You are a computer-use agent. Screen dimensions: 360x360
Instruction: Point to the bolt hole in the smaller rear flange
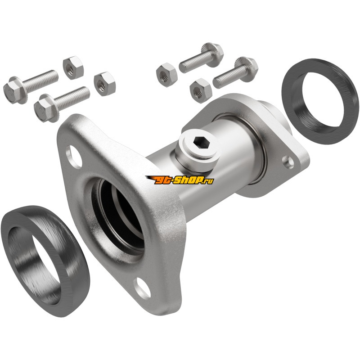[x=288, y=161]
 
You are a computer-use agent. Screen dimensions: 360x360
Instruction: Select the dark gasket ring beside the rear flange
[x=320, y=102]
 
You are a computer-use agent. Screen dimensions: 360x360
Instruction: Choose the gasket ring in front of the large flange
[x=45, y=261]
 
